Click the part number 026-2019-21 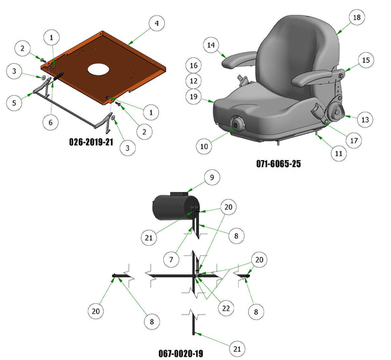(91, 142)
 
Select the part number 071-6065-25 (278, 163)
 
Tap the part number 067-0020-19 (181, 353)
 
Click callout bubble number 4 (156, 23)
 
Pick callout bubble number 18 (357, 17)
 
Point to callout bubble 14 (211, 45)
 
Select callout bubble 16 (194, 65)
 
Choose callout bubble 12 (194, 81)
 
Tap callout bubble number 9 (212, 177)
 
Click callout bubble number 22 (226, 309)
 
